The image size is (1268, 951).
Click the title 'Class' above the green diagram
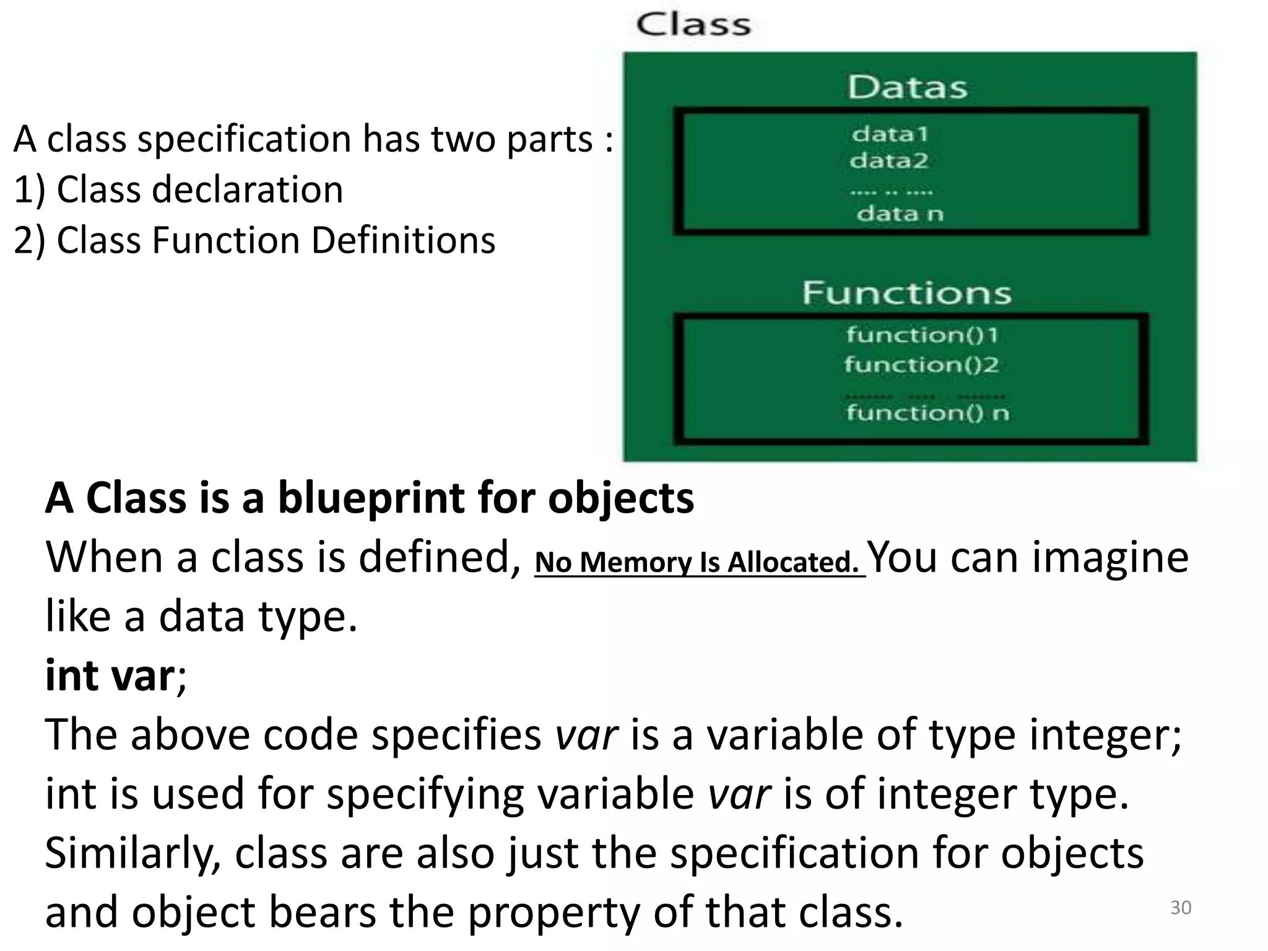(693, 25)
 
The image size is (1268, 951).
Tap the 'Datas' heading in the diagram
(907, 87)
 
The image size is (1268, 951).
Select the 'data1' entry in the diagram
(890, 134)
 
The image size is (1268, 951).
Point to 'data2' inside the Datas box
(889, 161)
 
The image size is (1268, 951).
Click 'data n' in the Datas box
(900, 214)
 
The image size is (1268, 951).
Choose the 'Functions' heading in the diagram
(906, 293)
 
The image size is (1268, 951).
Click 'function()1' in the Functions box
(922, 335)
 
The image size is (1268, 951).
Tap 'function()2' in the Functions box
(921, 364)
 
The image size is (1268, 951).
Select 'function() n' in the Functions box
(927, 412)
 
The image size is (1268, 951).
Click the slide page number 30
(1181, 908)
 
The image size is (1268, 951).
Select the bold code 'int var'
(110, 675)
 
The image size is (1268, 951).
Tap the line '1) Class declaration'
(178, 189)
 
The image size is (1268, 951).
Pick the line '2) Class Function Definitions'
(254, 240)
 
